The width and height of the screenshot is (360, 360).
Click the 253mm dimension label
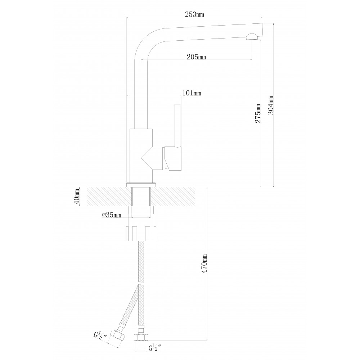click(x=194, y=14)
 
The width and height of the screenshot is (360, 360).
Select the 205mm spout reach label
click(x=196, y=57)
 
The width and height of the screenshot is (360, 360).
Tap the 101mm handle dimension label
click(x=192, y=93)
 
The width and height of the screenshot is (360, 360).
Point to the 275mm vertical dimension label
click(x=258, y=113)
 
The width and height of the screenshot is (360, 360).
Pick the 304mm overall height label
click(x=271, y=105)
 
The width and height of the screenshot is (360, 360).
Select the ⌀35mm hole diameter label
click(x=111, y=215)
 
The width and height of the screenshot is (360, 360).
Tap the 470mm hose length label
click(x=204, y=264)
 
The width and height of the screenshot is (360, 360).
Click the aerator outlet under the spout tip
click(x=252, y=37)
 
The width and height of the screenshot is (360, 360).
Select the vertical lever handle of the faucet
click(x=177, y=125)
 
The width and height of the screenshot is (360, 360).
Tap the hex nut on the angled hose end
click(x=118, y=336)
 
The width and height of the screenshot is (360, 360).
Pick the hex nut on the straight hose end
click(x=141, y=337)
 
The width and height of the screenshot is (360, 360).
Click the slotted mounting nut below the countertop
click(x=141, y=234)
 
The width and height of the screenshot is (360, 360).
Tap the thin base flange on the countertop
click(x=141, y=185)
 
